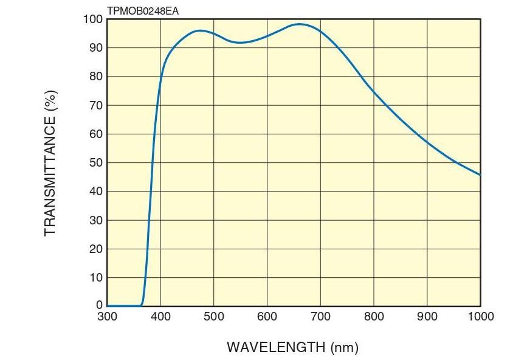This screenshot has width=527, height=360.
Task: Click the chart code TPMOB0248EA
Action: pyautogui.click(x=142, y=11)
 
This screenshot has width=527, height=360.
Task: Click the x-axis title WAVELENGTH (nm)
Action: pyautogui.click(x=292, y=347)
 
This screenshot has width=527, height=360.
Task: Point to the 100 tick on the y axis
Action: pyautogui.click(x=92, y=19)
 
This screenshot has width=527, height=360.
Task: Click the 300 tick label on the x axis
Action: pyautogui.click(x=107, y=317)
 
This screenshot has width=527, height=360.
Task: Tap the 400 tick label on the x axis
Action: pyautogui.click(x=160, y=317)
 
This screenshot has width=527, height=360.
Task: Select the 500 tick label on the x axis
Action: pyautogui.click(x=214, y=317)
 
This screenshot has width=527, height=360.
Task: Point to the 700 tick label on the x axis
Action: pyautogui.click(x=320, y=317)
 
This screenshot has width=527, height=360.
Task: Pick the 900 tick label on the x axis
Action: pyautogui.click(x=427, y=317)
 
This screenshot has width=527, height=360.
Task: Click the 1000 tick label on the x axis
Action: pyautogui.click(x=480, y=317)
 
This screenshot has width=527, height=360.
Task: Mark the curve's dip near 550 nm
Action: pyautogui.click(x=241, y=43)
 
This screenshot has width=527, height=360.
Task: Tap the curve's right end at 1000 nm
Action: pyautogui.click(x=480, y=175)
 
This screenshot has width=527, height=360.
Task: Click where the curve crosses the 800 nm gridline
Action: pyautogui.click(x=374, y=92)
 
